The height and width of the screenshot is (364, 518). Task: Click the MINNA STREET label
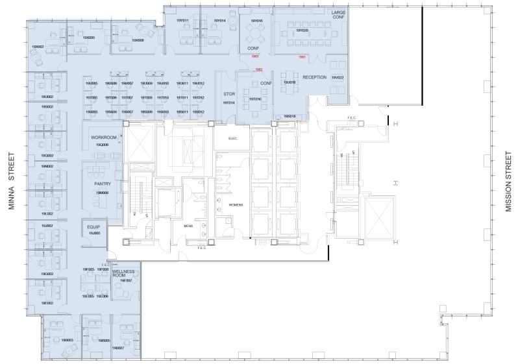(x=11, y=182)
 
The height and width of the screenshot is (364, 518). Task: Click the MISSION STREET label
(x=508, y=182)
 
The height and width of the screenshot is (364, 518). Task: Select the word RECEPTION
(x=314, y=77)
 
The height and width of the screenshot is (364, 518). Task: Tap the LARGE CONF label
(x=338, y=16)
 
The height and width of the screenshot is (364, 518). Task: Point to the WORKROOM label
(x=103, y=138)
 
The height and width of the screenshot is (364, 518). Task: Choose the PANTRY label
(x=103, y=184)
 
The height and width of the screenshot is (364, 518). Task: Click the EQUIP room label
(x=93, y=226)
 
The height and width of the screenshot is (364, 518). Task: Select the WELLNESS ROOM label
(x=123, y=274)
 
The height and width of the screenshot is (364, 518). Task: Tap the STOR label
(x=228, y=94)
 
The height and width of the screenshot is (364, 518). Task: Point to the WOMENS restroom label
(x=236, y=204)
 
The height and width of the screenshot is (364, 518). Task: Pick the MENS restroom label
(x=188, y=226)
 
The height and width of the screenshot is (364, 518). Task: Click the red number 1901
(x=302, y=57)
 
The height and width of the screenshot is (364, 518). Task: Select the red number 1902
(x=259, y=69)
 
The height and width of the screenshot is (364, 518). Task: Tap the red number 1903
(x=255, y=57)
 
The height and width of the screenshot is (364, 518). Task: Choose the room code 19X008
(x=137, y=40)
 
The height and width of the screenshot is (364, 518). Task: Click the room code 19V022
(x=337, y=77)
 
